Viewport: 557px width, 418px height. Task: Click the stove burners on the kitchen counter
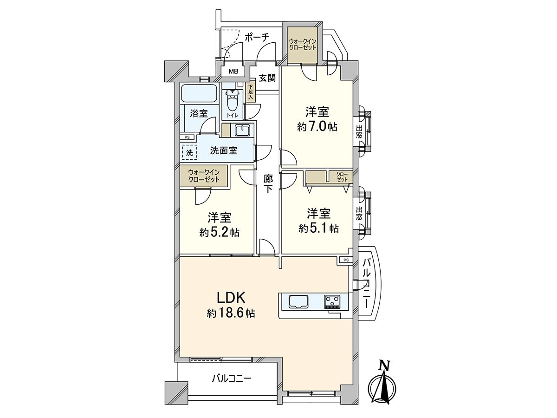pos(332,301)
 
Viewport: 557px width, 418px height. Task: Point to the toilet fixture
pos(232,99)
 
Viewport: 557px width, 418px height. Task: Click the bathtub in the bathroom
pos(199,94)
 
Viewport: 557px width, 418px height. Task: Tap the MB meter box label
pos(233,72)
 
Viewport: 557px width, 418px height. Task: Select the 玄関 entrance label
pos(267,78)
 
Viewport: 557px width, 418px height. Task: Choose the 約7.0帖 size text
pos(317,127)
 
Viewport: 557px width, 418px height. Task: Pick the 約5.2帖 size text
pos(220,233)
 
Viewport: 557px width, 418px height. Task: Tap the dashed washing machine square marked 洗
pos(189,152)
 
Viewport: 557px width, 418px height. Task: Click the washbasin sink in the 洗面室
pos(242,131)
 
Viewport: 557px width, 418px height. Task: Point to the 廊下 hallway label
pos(268,183)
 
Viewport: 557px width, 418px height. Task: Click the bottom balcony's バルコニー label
pos(231,379)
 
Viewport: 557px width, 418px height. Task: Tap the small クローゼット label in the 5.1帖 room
pos(342,176)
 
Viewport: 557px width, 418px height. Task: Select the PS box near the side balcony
pos(345,260)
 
